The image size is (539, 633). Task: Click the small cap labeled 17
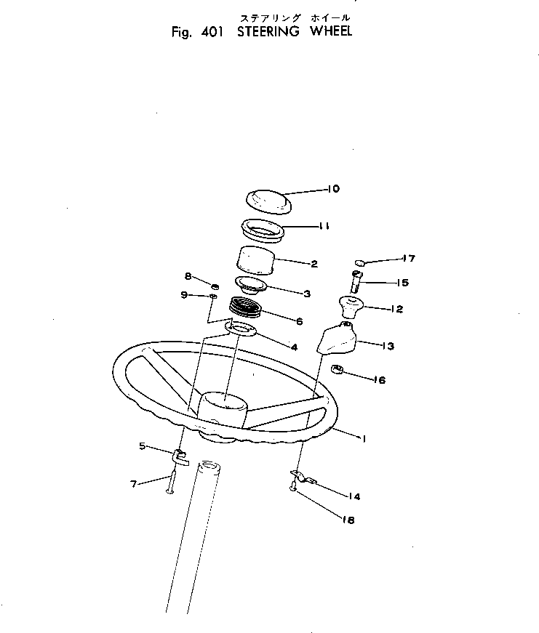[361, 261]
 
